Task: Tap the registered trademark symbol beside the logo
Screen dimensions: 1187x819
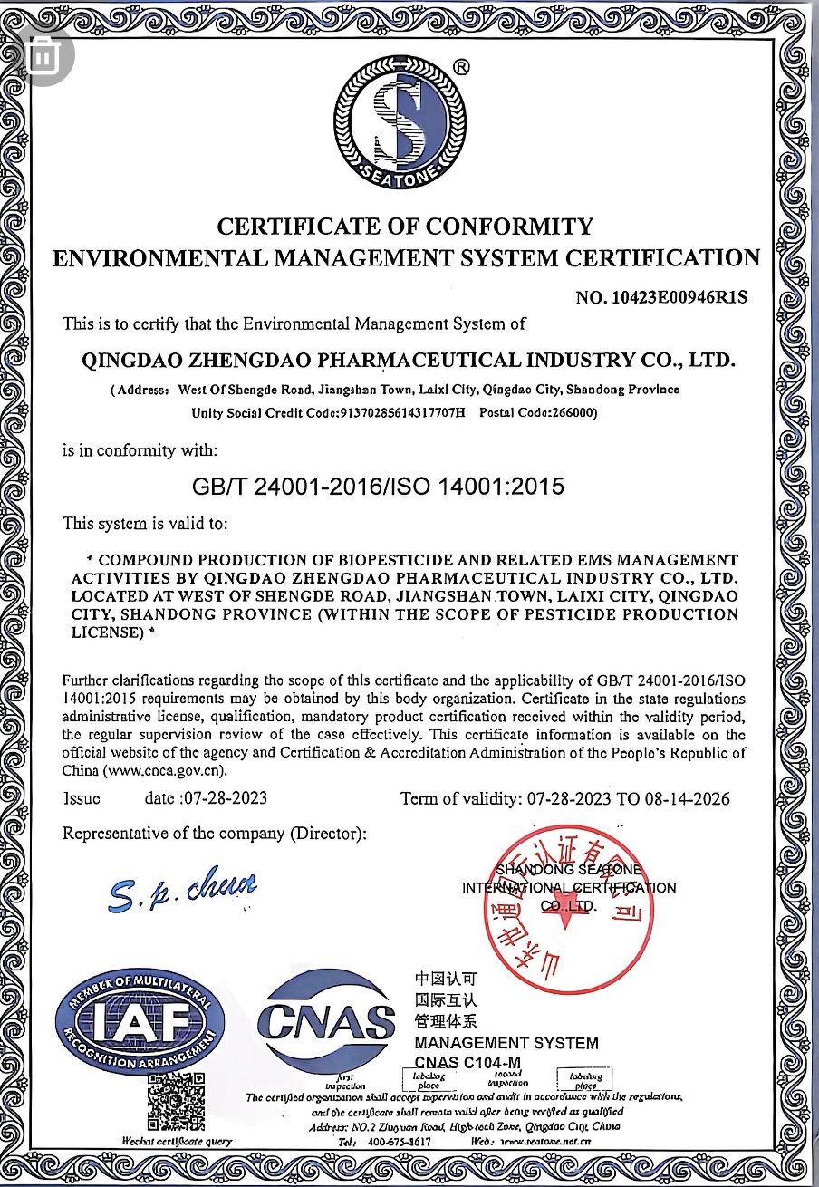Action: click(460, 66)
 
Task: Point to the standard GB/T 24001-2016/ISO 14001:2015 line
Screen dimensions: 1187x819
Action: click(378, 487)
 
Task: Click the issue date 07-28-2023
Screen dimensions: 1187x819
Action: click(225, 798)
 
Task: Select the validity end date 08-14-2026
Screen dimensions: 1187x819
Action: click(687, 798)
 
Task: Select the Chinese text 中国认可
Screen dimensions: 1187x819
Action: click(445, 980)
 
